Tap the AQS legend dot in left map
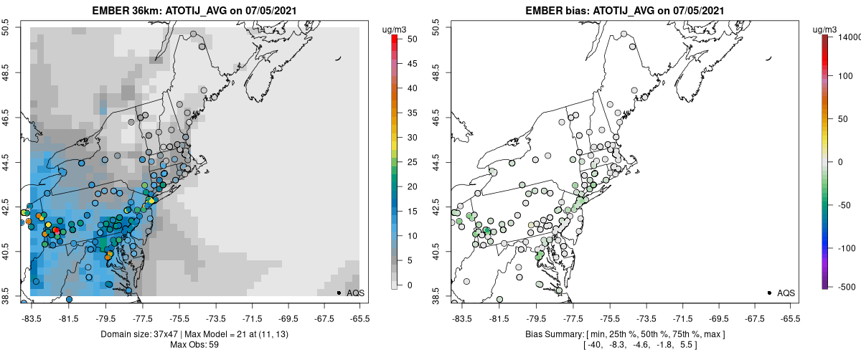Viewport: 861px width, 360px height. [x=339, y=293]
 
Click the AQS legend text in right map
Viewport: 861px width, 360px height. [x=786, y=293]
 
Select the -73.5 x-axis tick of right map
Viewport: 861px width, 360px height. [x=647, y=318]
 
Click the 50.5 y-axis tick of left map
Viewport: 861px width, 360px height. [x=7, y=27]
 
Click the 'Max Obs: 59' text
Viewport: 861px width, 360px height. [x=194, y=344]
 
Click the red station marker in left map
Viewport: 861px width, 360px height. [x=57, y=229]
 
